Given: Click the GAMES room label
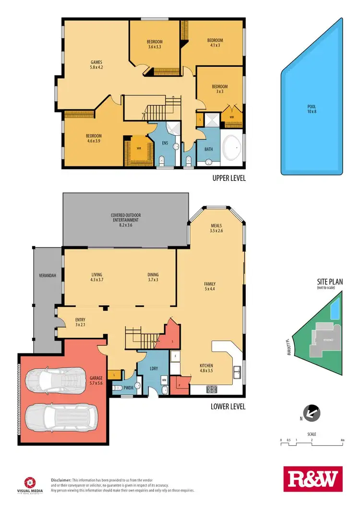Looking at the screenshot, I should [97, 65].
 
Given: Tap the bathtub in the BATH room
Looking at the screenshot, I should [233, 148].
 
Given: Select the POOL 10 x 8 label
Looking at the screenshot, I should [312, 109].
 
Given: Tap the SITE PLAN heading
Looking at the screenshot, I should [330, 282].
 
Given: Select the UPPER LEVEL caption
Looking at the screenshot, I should [228, 178].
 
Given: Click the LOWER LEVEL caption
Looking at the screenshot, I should [228, 406].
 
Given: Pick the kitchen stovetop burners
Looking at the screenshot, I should [212, 389].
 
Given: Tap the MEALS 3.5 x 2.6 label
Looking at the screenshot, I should [216, 227].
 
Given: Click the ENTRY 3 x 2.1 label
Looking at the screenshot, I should [80, 322].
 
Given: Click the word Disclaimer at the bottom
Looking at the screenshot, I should [61, 480].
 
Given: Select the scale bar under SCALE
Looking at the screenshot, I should [312, 444].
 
